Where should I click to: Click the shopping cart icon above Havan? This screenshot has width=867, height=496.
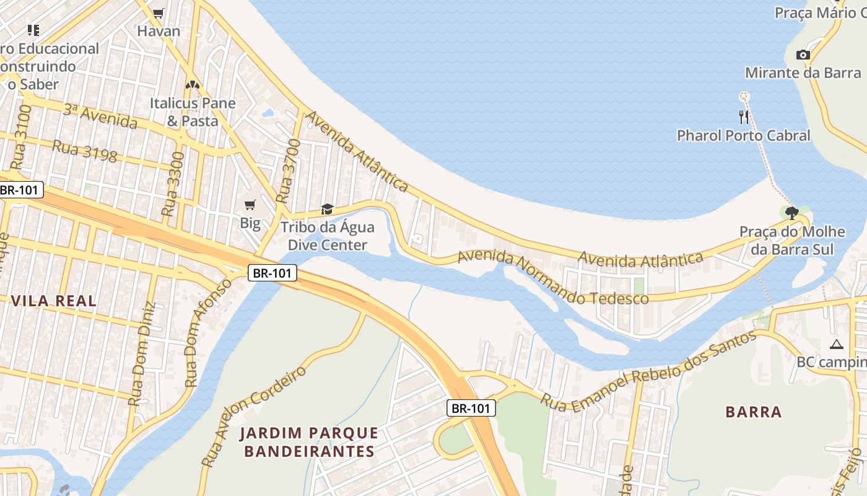click(158, 13)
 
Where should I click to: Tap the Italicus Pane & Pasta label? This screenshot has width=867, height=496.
click(193, 112)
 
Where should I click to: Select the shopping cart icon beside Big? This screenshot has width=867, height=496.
click(250, 205)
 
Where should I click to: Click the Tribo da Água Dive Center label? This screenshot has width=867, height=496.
click(328, 236)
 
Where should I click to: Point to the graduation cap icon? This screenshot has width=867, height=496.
click(327, 209)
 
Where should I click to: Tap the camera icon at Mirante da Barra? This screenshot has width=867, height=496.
click(803, 55)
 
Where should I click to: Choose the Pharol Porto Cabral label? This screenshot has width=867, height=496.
click(743, 135)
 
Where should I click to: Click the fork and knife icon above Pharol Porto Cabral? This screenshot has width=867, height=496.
click(744, 117)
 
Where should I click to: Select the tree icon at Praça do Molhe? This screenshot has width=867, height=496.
click(791, 213)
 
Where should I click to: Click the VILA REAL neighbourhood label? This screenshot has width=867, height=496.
click(54, 301)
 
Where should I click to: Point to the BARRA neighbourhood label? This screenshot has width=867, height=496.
click(753, 412)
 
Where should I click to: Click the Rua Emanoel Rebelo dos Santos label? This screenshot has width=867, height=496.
click(649, 371)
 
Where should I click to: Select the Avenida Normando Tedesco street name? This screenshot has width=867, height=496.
click(552, 277)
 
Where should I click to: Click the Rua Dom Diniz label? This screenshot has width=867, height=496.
click(142, 354)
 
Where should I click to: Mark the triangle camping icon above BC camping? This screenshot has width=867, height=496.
click(837, 344)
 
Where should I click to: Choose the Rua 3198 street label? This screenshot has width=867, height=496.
click(84, 151)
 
